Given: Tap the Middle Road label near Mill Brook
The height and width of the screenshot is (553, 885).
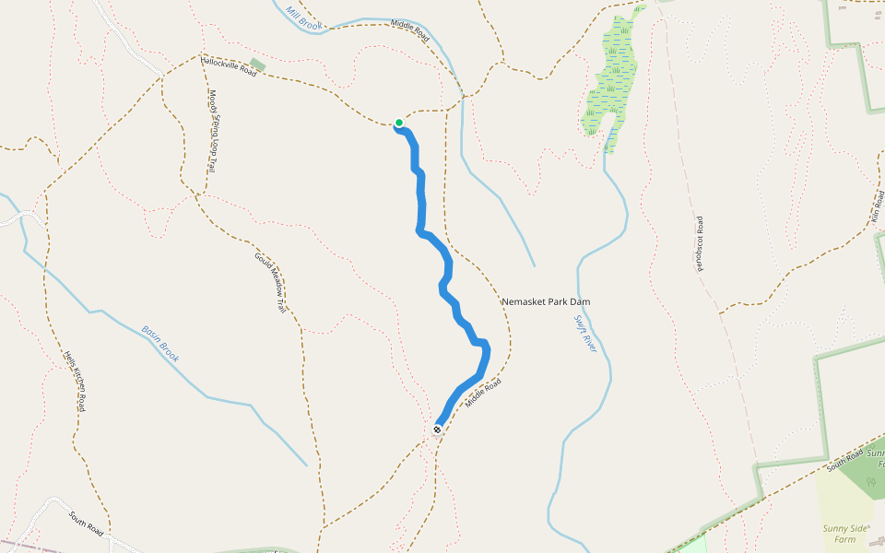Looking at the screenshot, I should click(x=410, y=29).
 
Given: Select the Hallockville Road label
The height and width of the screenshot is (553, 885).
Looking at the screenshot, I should click(x=229, y=66).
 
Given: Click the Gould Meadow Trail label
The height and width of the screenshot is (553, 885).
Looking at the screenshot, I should click(x=269, y=281).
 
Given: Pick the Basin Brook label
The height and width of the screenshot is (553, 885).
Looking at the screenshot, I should click(x=159, y=344).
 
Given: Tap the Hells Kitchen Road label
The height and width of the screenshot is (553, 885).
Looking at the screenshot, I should click(x=75, y=382).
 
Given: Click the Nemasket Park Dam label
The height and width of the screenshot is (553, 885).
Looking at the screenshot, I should click(x=545, y=301).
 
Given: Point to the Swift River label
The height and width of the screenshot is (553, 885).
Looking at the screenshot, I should click(x=586, y=335).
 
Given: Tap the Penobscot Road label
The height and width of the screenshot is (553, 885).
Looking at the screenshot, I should click(x=700, y=244).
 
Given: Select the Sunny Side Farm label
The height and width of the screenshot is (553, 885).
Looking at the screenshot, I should click(x=845, y=534).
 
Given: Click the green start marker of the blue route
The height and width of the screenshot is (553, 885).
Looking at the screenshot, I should click(x=399, y=123).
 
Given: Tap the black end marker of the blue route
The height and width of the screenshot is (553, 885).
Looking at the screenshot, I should click(x=437, y=429).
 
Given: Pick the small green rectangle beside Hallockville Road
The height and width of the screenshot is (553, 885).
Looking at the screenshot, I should click(x=257, y=65).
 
